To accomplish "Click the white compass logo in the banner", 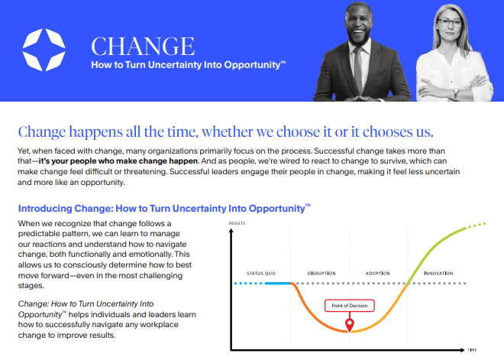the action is click(x=44, y=50).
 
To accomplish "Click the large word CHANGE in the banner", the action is click(x=143, y=47).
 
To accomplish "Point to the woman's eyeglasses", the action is click(x=450, y=22).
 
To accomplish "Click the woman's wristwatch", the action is click(x=456, y=93).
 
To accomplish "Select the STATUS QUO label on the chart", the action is click(x=261, y=274).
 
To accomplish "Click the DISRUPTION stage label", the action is click(x=321, y=274).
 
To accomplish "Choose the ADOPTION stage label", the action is click(x=378, y=274).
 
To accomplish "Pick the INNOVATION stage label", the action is click(x=438, y=274).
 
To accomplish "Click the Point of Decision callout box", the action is click(x=350, y=306).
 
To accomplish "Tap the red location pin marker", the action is click(x=350, y=325).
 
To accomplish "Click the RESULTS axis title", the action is click(x=237, y=223).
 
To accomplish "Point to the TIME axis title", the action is click(x=472, y=350).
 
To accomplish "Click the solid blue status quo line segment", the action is click(x=279, y=284).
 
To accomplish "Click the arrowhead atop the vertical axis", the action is click(x=231, y=231).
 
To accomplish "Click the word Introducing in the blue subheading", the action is click(x=45, y=209).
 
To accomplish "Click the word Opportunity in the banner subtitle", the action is click(x=252, y=65).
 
